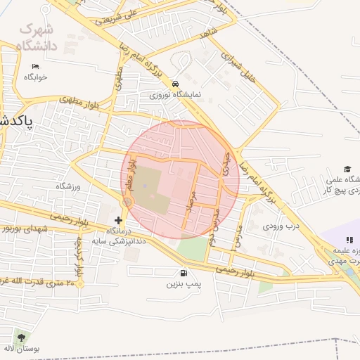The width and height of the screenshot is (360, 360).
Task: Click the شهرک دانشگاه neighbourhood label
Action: (37, 39)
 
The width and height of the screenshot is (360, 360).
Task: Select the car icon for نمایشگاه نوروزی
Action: (175, 83)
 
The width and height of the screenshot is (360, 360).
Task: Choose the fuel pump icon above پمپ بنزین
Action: (184, 273)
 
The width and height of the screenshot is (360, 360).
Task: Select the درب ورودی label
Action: (281, 226)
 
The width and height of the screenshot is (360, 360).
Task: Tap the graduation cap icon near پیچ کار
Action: (347, 169)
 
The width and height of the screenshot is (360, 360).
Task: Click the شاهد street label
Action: (209, 33)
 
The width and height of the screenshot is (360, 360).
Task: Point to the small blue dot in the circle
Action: (146, 186)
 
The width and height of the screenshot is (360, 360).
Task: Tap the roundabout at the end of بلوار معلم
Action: (127, 202)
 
